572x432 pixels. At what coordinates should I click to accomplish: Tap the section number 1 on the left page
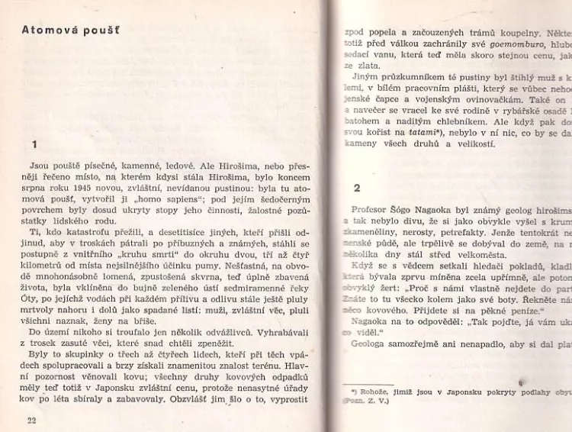[34, 143]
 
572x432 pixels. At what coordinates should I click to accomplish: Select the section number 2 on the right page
[356, 186]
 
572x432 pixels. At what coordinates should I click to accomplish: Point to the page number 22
[31, 420]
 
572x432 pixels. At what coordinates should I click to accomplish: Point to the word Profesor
[371, 209]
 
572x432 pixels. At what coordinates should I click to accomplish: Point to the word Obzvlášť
[208, 398]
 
